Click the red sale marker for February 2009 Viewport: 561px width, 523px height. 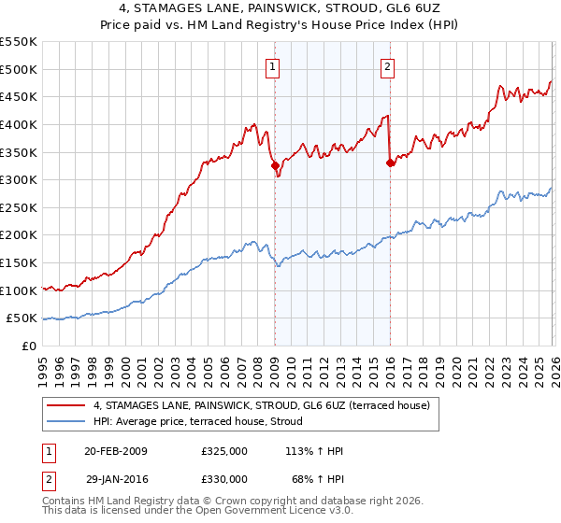[x=275, y=166]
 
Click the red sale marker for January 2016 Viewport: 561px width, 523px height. [x=389, y=163]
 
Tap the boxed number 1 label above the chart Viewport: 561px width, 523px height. [x=272, y=66]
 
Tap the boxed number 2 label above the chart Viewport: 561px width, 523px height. [x=387, y=66]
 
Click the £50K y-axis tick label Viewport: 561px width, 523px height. [x=22, y=319]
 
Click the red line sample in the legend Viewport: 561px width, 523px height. [x=66, y=405]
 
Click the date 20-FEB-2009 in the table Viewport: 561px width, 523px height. [x=116, y=451]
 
